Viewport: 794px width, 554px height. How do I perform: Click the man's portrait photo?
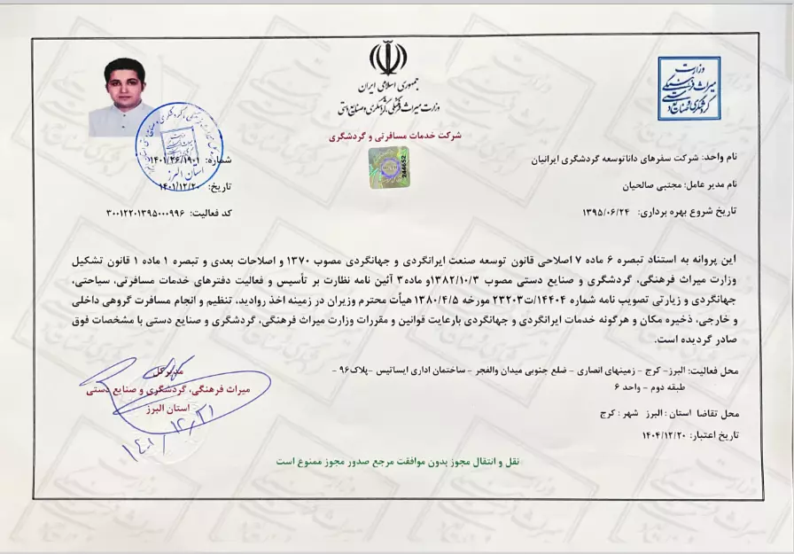[x=124, y=97]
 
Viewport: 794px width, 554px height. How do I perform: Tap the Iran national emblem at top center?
[x=388, y=59]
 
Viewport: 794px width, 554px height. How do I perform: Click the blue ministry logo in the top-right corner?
[x=689, y=88]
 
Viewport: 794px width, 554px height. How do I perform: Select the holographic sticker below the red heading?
[x=388, y=164]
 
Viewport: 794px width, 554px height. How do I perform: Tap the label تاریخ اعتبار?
[x=723, y=435]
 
